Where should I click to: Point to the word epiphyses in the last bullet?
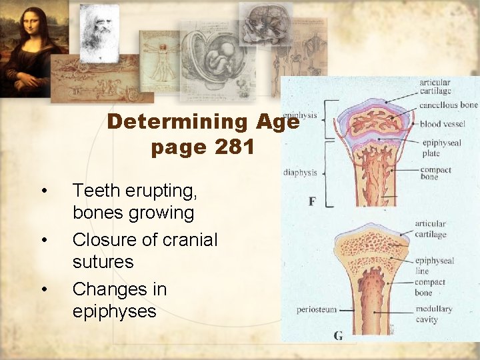114,311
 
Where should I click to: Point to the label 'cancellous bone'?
449,105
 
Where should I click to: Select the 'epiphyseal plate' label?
439,148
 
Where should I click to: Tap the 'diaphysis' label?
300,172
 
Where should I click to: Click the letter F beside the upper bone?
312,201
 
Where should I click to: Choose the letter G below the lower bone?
338,335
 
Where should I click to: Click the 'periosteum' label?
317,309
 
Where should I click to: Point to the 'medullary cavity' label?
434,314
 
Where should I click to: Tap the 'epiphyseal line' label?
434,265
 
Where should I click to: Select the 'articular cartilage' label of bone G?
431,229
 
